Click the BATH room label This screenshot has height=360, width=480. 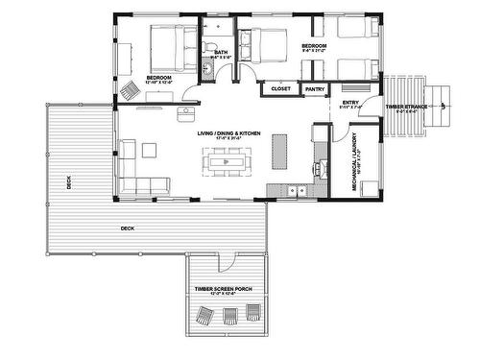pos(221,53)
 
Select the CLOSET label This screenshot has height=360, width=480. pos(281,88)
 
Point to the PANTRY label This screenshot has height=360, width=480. pos(314,88)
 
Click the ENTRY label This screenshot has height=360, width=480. pos(349,102)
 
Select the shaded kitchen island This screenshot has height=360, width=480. pos(280,150)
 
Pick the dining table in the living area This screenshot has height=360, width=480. pos(228,164)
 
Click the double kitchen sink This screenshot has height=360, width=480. pos(299,190)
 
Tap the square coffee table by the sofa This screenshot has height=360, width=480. pos(149,150)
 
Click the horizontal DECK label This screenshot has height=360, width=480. pos(127,228)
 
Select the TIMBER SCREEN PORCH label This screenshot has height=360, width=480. pos(224,288)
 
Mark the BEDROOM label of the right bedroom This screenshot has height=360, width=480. pos(315,46)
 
